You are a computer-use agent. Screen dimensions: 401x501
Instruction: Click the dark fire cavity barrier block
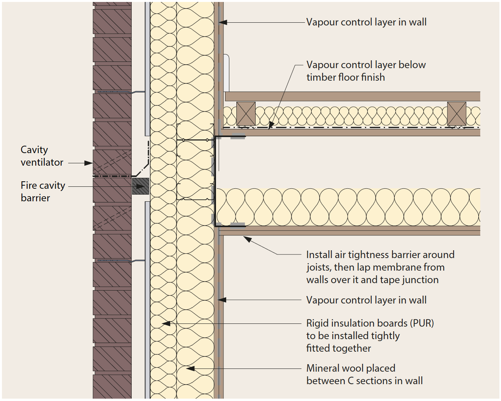[x=140, y=186]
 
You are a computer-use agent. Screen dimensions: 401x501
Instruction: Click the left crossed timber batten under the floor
[x=246, y=114]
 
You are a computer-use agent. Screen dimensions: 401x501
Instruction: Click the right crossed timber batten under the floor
[x=456, y=114]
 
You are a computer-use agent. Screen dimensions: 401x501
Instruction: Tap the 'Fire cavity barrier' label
[x=43, y=191]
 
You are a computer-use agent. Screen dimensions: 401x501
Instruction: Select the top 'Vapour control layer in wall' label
[x=366, y=22]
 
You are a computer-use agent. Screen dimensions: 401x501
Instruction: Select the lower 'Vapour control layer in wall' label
[x=366, y=300]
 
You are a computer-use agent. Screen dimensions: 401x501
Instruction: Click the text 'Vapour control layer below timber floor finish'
[x=365, y=71]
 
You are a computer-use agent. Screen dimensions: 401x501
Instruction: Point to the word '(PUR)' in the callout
[x=422, y=323]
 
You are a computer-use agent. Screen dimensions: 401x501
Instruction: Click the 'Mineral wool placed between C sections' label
[x=364, y=374]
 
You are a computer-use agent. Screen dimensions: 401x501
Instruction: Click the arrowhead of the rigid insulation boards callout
[x=165, y=324]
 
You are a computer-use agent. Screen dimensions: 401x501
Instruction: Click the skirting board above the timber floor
[x=226, y=72]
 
